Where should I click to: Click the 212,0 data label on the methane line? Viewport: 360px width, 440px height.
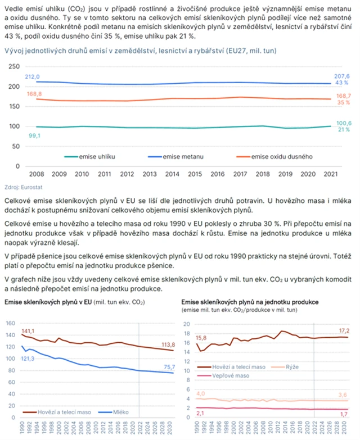(33, 76)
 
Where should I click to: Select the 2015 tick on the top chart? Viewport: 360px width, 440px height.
(195, 175)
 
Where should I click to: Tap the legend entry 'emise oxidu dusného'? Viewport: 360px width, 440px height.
(282, 156)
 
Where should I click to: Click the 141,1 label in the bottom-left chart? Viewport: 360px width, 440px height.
(28, 330)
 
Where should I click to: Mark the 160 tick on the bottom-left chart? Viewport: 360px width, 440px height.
(10, 323)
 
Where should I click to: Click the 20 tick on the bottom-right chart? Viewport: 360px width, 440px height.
(188, 323)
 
